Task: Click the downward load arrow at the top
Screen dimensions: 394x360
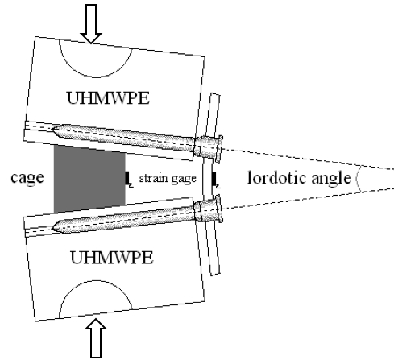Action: coord(91,23)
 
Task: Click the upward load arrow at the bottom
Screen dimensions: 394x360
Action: coord(96,338)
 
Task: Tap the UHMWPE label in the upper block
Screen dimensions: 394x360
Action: coord(108,98)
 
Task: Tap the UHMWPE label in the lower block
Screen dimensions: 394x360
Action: coord(112,257)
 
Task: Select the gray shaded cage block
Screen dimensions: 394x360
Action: coord(89,179)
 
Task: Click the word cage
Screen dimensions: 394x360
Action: coord(27,177)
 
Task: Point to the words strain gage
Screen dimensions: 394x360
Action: coord(168,178)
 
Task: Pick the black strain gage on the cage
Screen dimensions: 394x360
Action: coord(128,179)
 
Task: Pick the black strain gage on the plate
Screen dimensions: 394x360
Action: coord(214,180)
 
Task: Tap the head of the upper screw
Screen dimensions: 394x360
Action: coord(209,148)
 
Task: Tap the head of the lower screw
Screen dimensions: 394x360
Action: coord(209,209)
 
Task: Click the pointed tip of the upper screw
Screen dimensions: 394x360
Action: coord(52,128)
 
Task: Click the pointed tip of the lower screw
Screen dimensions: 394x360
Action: coord(52,229)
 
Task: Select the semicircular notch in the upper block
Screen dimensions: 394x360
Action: coord(95,77)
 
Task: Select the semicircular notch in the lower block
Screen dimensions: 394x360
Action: coord(95,281)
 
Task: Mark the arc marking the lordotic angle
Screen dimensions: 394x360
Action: coord(357,178)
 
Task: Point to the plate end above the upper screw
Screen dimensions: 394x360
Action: coord(215,94)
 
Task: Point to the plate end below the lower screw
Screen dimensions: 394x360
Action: coord(215,273)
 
